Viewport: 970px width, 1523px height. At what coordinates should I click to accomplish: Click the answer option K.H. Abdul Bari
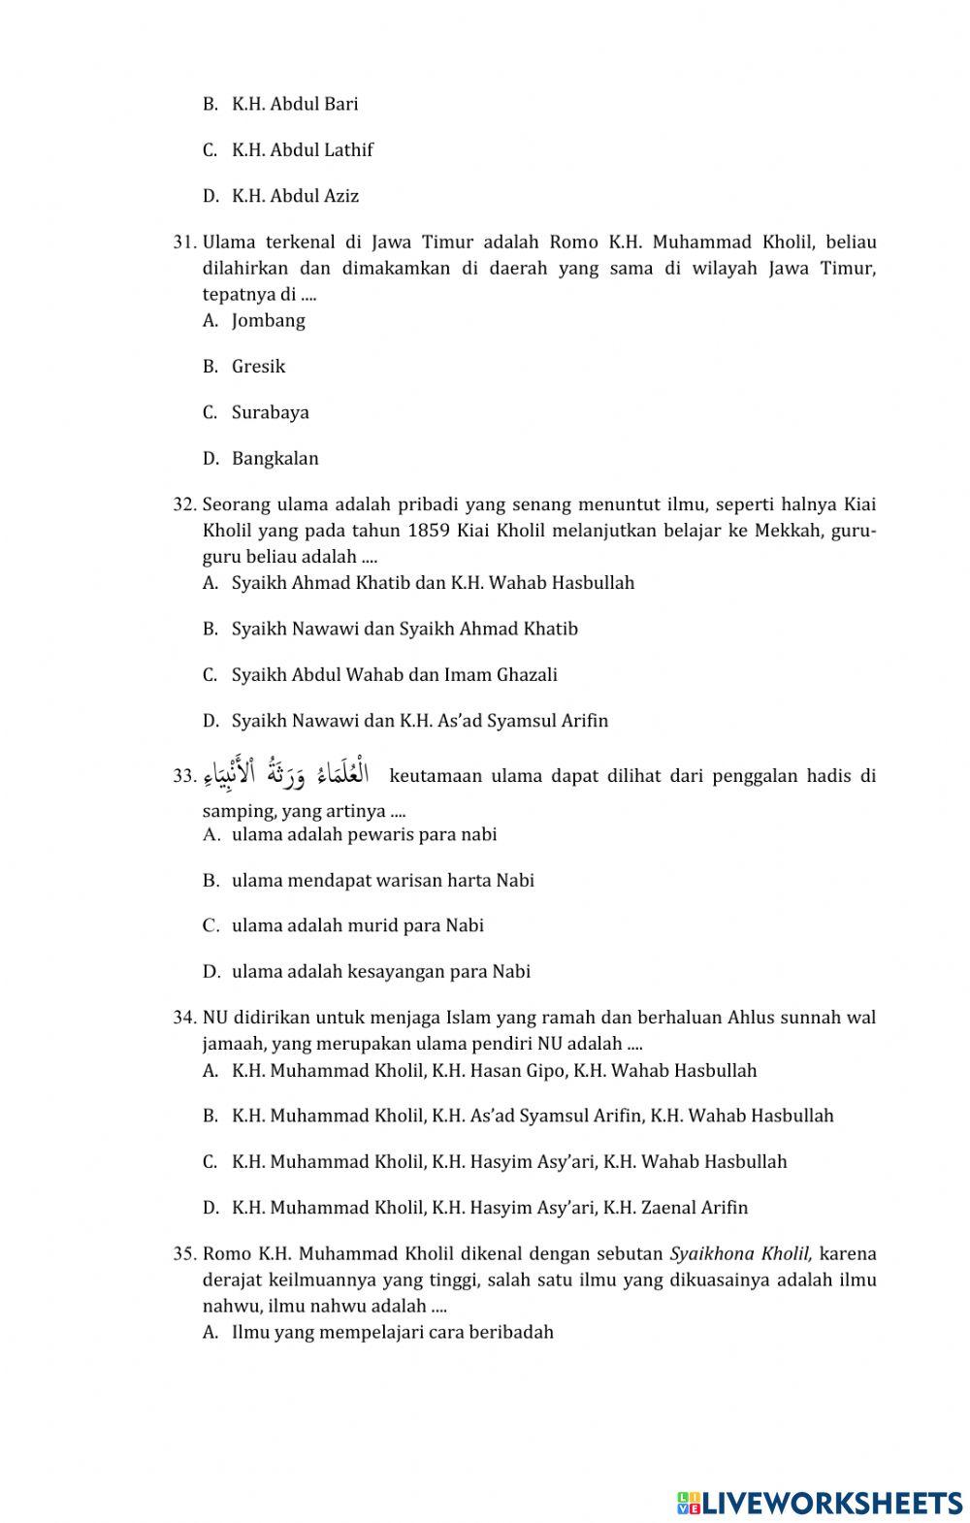(294, 104)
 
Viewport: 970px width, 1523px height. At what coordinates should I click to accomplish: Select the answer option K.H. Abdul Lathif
(302, 149)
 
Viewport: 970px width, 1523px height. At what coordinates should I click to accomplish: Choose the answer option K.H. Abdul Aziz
(295, 196)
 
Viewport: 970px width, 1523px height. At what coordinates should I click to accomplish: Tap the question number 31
(185, 242)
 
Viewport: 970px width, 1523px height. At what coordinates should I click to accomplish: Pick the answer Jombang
(268, 320)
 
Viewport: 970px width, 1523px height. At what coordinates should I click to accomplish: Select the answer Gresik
(258, 366)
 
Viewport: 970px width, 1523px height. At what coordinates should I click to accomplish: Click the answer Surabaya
(270, 412)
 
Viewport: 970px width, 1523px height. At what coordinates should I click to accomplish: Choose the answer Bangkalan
(275, 458)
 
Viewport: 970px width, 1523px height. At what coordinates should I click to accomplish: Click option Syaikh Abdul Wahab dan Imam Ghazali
(394, 674)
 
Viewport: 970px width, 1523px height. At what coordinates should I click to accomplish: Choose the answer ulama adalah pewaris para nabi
(364, 834)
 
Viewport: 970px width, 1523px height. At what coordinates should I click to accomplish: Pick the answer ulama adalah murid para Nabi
(357, 925)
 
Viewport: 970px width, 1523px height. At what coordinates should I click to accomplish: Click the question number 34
(185, 1018)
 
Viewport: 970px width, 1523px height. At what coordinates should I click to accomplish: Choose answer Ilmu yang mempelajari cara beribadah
(392, 1332)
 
